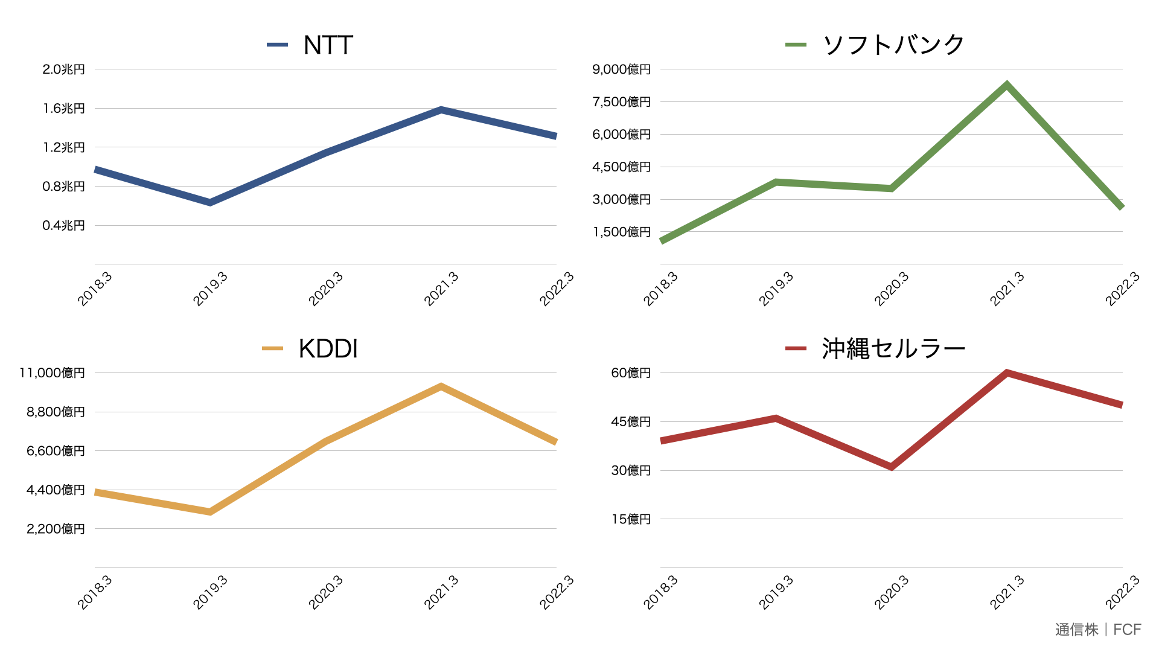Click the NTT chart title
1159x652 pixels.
pos(328,45)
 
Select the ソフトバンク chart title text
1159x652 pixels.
pos(893,45)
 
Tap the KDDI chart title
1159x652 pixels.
pos(328,349)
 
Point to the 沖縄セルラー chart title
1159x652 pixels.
pos(893,349)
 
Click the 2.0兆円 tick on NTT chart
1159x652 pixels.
pos(63,69)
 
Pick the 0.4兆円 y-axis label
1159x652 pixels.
pos(63,226)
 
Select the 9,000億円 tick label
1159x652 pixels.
pos(621,69)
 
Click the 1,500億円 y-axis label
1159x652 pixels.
pos(621,232)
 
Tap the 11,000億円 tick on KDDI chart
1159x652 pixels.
pos(52,373)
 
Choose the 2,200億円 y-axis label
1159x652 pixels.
pos(56,529)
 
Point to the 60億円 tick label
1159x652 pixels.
pos(631,373)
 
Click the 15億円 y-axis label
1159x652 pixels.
pos(631,519)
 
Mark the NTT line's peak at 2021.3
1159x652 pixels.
pos(441,110)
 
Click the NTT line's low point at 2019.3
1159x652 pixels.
pos(210,202)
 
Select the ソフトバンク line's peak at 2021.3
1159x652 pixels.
pos(1007,85)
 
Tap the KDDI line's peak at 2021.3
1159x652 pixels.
pos(441,386)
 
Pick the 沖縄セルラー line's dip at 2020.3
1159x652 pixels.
pos(892,467)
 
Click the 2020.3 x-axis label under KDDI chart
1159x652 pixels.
pos(326,592)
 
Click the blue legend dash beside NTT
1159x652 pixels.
pos(277,45)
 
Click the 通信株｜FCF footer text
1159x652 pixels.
pos(1097,630)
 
